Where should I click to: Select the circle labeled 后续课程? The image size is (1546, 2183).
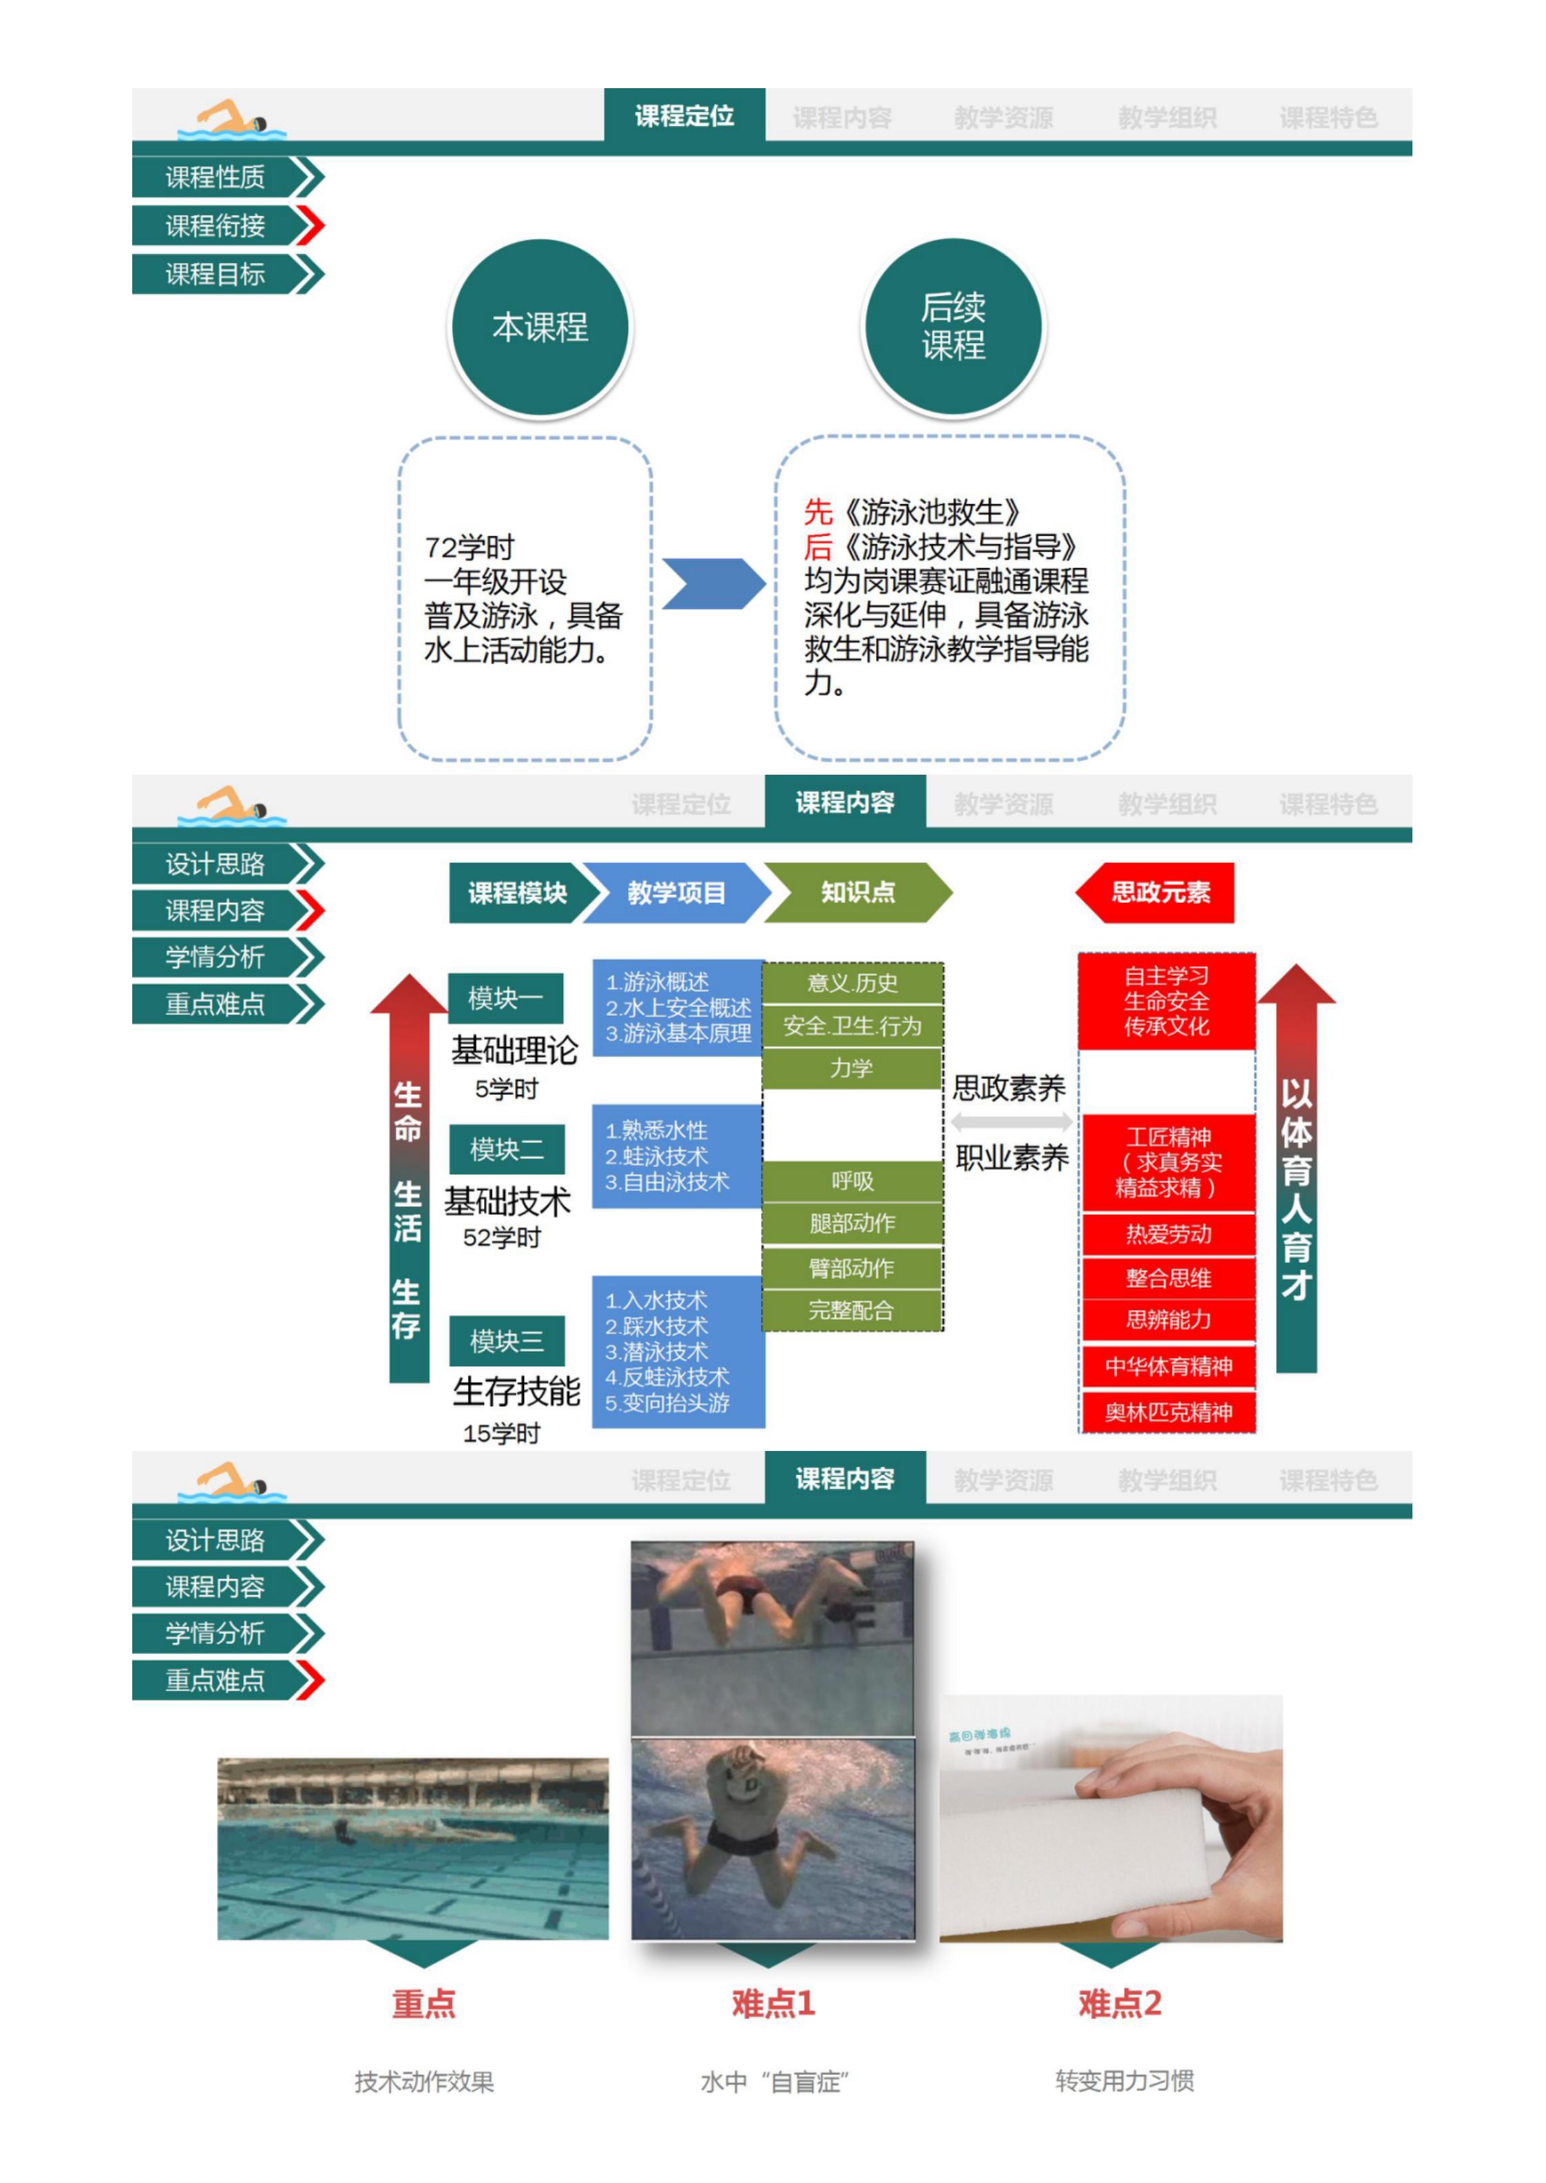click(x=953, y=326)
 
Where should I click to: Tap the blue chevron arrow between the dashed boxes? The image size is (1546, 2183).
click(x=712, y=583)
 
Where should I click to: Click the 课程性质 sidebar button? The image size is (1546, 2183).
click(x=216, y=177)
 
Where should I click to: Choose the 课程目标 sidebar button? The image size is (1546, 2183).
click(x=216, y=274)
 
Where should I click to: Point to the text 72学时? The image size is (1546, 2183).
click(x=470, y=547)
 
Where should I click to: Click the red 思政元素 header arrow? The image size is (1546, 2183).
click(x=1157, y=892)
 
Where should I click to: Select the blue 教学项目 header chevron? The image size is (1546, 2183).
click(x=675, y=892)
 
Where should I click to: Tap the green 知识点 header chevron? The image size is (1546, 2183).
click(x=857, y=892)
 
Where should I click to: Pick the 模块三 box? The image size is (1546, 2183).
click(x=506, y=1341)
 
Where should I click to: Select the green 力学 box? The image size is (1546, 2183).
click(x=852, y=1068)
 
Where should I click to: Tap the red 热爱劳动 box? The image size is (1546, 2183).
click(x=1168, y=1234)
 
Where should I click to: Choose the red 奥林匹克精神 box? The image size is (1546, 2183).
click(x=1168, y=1412)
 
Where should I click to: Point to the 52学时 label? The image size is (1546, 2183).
click(x=502, y=1237)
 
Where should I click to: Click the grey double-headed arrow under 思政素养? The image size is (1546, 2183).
click(x=1011, y=1122)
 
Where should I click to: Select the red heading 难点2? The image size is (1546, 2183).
click(x=1120, y=2003)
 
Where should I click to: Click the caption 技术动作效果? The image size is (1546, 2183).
click(x=425, y=2081)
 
